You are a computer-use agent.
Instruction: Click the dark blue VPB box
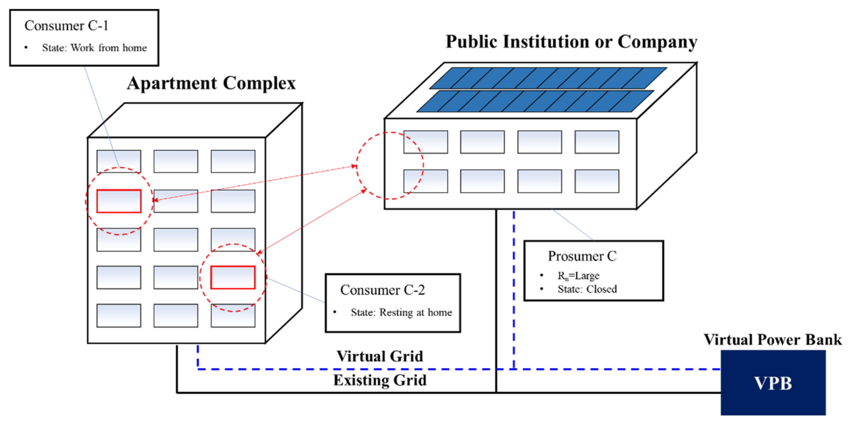tap(773, 382)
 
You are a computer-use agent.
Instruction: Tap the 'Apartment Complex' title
tap(211, 83)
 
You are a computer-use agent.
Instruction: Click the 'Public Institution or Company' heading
tap(571, 42)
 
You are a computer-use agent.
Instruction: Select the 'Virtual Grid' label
tap(380, 356)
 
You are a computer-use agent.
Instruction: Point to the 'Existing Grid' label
tap(380, 380)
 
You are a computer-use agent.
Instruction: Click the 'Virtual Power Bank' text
tap(772, 340)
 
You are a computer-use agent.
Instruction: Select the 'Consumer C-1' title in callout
tap(66, 26)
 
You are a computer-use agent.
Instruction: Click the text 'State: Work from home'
tap(94, 48)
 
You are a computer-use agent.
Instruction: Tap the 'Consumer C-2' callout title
tap(382, 290)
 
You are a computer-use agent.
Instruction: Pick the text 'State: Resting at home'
tap(401, 312)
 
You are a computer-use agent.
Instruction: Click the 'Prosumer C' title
tap(582, 256)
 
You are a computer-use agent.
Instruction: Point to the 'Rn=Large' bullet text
tap(578, 276)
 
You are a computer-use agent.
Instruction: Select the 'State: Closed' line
tap(587, 289)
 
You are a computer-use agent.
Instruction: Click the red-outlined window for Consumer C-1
tap(119, 201)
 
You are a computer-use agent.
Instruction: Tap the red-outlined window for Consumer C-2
tap(233, 277)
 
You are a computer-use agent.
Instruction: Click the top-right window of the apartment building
tap(233, 161)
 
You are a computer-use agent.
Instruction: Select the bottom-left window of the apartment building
tap(119, 316)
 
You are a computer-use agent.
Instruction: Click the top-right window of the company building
tap(597, 142)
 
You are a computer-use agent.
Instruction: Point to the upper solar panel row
tap(548, 78)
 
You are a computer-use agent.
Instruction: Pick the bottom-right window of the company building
tap(597, 181)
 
